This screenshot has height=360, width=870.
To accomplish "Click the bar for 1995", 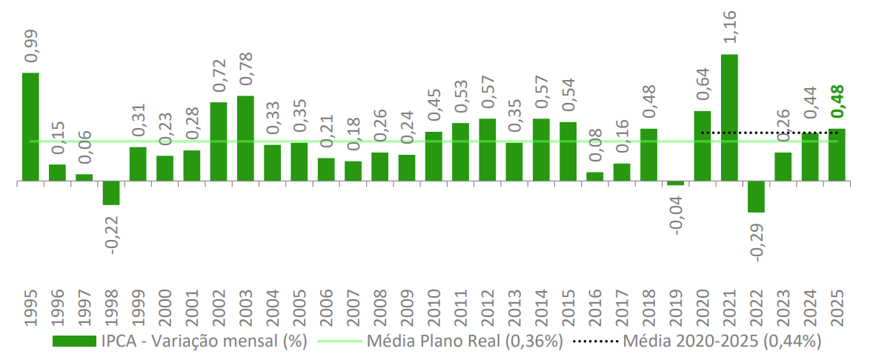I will coord(30,126).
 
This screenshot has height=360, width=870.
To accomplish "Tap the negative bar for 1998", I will coord(111,193).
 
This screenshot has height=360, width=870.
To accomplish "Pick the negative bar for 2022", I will coord(756,196).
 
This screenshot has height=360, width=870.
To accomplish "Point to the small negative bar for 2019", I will coord(675,183).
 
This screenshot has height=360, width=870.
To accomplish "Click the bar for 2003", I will coord(245,138).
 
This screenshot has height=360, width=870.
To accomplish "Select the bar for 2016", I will coord(594,176).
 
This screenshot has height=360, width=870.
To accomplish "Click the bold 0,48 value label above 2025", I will coord(838,102).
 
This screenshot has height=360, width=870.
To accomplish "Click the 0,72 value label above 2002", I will coord(219,77).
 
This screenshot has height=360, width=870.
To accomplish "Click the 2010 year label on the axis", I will coord(434,305).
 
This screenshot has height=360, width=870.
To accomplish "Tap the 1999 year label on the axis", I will coord(138,305).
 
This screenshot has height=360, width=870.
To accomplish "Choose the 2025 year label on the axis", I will coord(837,305).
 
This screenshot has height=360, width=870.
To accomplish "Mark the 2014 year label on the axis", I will coord(541,305).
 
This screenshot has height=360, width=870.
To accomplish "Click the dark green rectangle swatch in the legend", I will coord(74,341).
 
